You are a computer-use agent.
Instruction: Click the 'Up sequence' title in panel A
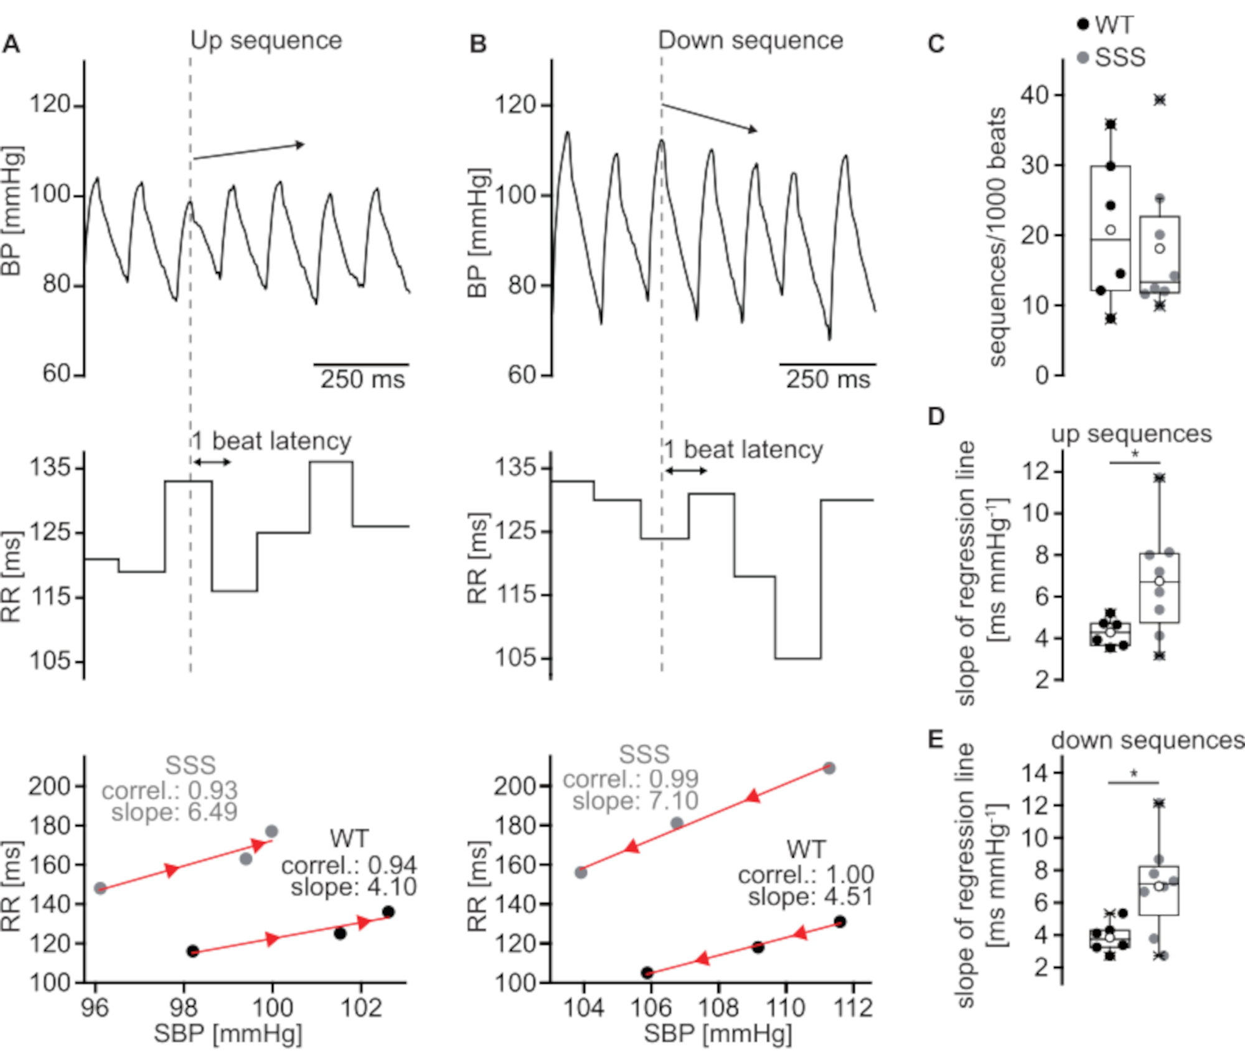coord(266,40)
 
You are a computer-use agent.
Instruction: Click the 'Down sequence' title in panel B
coord(750,40)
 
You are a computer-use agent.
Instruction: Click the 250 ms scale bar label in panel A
coord(362,380)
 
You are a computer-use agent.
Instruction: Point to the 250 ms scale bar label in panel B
coord(827,380)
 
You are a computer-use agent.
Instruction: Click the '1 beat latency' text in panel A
coord(272,441)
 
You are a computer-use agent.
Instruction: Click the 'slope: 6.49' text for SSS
coord(174,812)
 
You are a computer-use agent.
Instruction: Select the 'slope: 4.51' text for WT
coord(810,897)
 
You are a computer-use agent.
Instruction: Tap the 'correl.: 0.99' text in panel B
coord(631,779)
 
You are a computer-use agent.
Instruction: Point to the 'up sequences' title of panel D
coord(1131,434)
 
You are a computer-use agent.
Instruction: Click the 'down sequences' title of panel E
coord(1147,740)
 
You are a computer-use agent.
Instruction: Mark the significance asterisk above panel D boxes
coord(1135,454)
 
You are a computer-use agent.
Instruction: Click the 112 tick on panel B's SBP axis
coord(853,1007)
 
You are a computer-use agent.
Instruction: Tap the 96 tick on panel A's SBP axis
coord(95,1007)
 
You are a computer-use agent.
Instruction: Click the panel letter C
coord(936,44)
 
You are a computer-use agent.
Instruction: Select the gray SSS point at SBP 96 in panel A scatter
coord(100,888)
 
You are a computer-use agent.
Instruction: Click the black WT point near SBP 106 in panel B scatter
coord(647,973)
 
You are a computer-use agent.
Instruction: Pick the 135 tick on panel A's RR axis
coord(50,467)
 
